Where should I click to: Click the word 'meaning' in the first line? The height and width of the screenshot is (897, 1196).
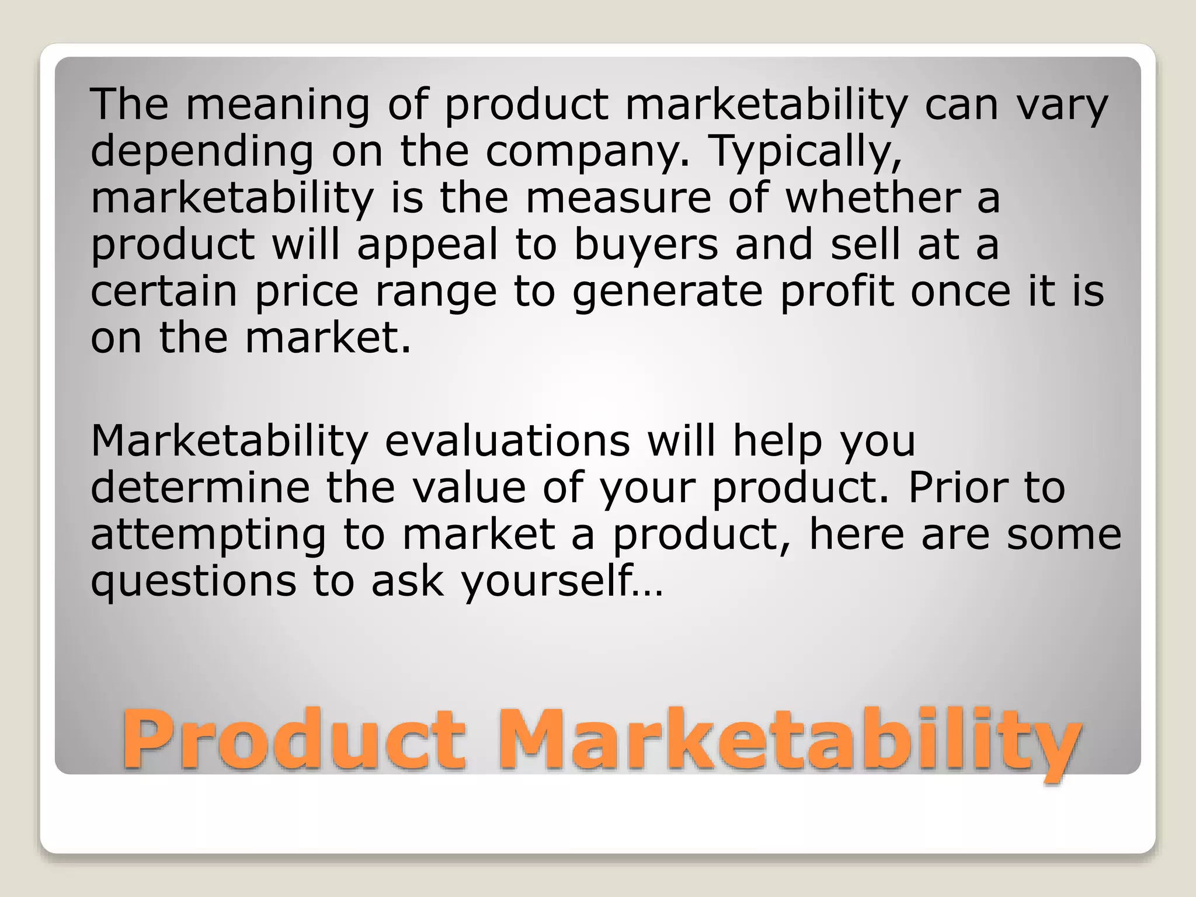278,105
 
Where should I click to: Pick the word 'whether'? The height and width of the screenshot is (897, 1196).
872,197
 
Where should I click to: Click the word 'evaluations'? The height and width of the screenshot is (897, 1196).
507,440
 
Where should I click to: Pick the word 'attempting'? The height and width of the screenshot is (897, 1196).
208,535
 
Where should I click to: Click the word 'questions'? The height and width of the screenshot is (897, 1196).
193,582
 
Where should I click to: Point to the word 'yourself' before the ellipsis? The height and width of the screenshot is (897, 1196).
547,582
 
